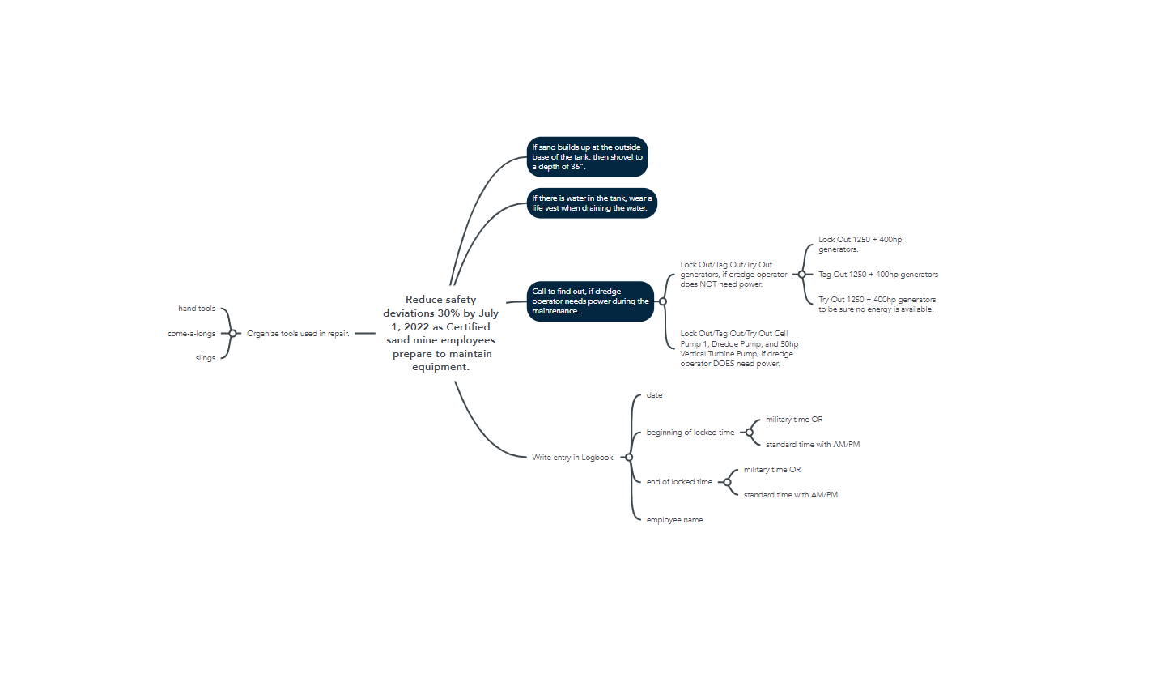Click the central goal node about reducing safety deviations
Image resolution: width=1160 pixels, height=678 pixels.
coord(440,333)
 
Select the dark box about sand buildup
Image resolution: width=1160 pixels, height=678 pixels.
coord(587,156)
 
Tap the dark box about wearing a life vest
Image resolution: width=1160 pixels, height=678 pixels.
coord(592,203)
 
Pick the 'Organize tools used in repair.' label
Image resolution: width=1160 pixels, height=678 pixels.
coord(298,333)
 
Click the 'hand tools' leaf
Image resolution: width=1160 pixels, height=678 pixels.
coord(197,309)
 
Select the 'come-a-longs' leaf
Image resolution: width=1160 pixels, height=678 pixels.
coord(192,333)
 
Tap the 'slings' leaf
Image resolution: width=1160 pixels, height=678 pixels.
coord(205,358)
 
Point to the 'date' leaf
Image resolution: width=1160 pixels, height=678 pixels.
coord(654,395)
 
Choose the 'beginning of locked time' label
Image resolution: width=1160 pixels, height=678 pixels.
coord(690,433)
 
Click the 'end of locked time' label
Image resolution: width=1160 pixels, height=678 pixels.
coord(679,482)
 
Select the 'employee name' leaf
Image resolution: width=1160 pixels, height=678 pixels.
coord(674,520)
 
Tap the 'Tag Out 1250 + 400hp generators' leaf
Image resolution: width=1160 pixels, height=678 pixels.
coord(878,275)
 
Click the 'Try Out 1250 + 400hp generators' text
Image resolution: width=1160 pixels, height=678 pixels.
coord(877,305)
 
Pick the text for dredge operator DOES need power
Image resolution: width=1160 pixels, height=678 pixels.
coord(739,348)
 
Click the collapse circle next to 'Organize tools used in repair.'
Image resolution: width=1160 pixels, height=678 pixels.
coord(232,333)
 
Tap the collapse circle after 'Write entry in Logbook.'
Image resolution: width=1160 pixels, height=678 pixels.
coord(629,458)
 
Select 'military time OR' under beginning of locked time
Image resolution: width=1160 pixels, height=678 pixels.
coord(794,420)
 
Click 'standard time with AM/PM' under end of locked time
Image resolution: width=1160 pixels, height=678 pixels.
coord(790,494)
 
